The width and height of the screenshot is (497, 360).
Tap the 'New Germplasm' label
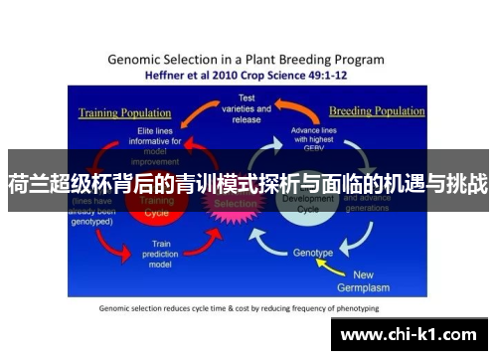tap(378, 280)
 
